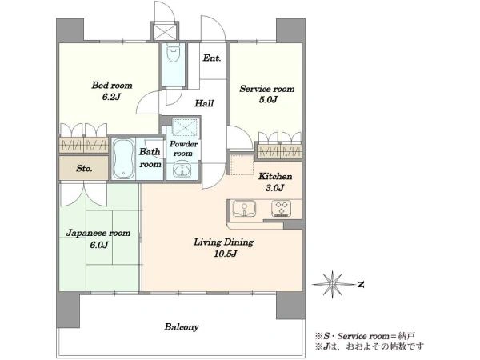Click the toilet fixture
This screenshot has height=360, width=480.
pyautogui.click(x=174, y=52)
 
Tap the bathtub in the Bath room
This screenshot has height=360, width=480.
pyautogui.click(x=123, y=158)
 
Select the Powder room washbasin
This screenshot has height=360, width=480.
pyautogui.click(x=182, y=171)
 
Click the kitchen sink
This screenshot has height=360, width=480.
pyautogui.click(x=244, y=209)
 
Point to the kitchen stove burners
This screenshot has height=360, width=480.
pyautogui.click(x=281, y=208)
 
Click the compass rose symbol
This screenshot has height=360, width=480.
pyautogui.click(x=332, y=285)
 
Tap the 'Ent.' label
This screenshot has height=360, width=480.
pyautogui.click(x=212, y=58)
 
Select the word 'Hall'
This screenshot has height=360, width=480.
pyautogui.click(x=204, y=103)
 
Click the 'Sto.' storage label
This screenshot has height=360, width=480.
pyautogui.click(x=84, y=168)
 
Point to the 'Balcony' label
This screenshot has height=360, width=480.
pyautogui.click(x=182, y=327)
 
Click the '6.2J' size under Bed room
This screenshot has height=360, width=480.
pyautogui.click(x=111, y=97)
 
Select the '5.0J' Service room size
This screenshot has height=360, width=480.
pyautogui.click(x=268, y=99)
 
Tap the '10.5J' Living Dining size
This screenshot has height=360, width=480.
pyautogui.click(x=226, y=254)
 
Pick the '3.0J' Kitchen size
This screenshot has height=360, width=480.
pyautogui.click(x=275, y=188)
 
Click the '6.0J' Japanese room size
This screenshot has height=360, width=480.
pyautogui.click(x=99, y=245)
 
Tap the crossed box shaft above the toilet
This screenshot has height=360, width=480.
pyautogui.click(x=165, y=31)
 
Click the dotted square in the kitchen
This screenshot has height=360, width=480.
pyautogui.click(x=242, y=165)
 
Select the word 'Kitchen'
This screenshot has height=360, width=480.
pyautogui.click(x=275, y=176)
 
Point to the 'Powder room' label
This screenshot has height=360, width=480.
pyautogui.click(x=183, y=149)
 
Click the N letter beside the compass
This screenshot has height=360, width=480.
pyautogui.click(x=361, y=285)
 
